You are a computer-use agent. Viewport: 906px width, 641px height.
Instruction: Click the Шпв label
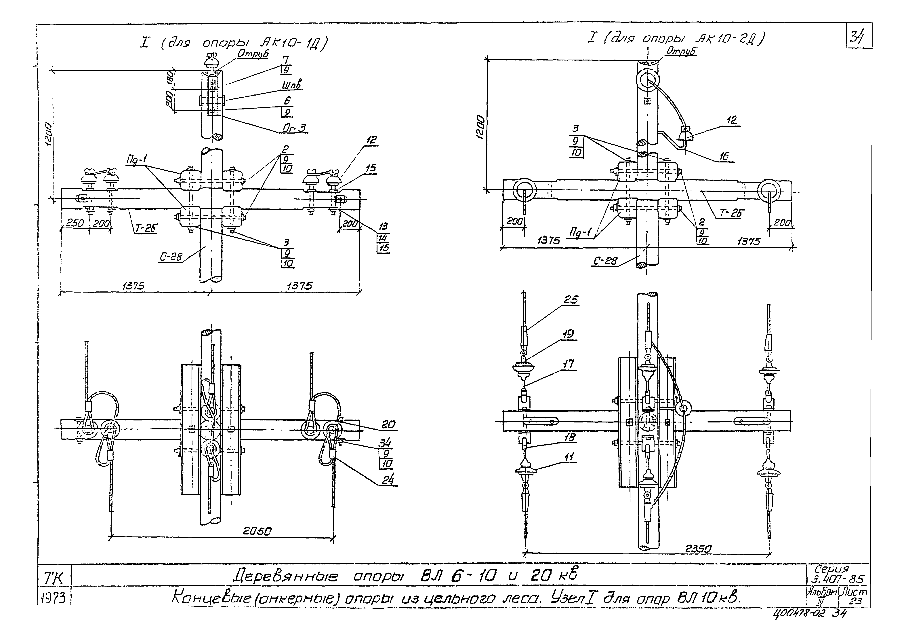[292, 85]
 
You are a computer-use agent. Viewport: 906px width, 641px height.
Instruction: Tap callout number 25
[571, 300]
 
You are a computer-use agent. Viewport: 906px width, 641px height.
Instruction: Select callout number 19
[569, 334]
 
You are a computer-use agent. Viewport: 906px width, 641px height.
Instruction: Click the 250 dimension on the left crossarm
[75, 223]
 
